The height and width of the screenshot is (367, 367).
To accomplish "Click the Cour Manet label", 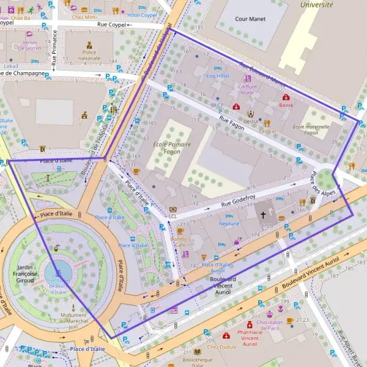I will pos(250,19).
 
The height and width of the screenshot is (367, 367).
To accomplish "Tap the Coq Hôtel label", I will pos(217,76).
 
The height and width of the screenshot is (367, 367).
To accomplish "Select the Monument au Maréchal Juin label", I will pos(73,318).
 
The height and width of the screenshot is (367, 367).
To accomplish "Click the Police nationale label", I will pos(89,56).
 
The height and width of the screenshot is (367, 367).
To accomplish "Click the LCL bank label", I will pos(173,216).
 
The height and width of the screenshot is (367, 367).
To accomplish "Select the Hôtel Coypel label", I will pos(143,14).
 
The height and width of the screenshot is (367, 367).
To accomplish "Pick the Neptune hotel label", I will pos(229,223).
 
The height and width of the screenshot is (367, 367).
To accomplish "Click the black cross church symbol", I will pos(264,215).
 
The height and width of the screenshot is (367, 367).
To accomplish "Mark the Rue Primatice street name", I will pos(54,49).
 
